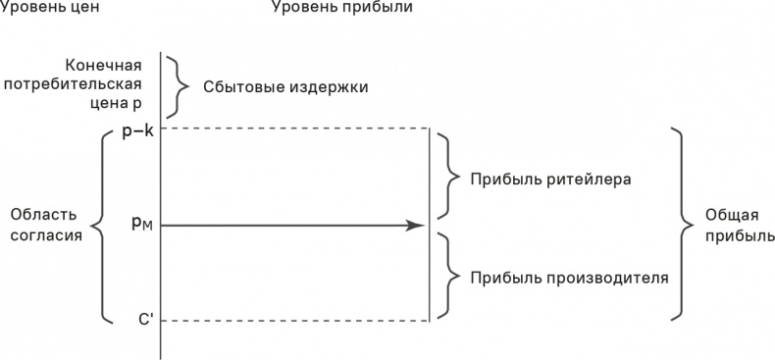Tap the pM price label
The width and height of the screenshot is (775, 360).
[x=141, y=225]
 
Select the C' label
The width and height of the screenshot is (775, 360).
[x=145, y=320]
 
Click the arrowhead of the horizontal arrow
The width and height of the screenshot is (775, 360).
[x=416, y=226]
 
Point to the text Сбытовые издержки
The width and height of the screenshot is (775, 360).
[x=285, y=86]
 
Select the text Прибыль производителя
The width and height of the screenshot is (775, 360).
[x=569, y=277]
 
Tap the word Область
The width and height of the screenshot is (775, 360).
[x=43, y=215]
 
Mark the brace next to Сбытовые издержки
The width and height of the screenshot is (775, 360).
[x=180, y=85]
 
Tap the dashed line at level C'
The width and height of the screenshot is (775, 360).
[x=294, y=321]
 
